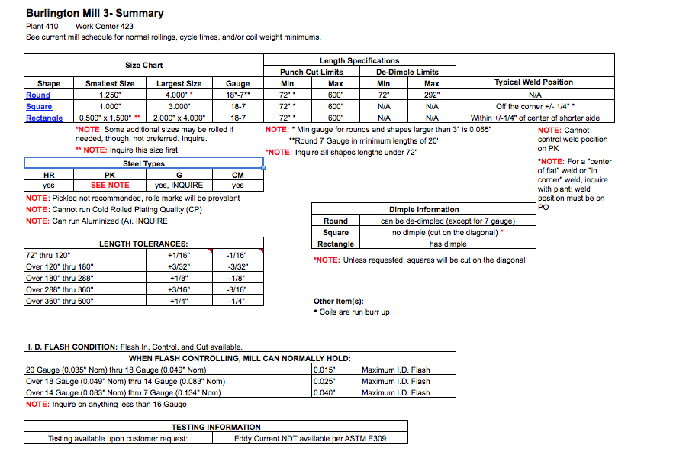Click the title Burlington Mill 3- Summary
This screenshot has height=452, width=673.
point(95,13)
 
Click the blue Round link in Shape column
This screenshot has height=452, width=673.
point(38,95)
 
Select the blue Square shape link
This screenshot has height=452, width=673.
point(39,107)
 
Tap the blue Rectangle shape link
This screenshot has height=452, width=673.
point(44,118)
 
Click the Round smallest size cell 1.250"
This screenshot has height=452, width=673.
point(110,95)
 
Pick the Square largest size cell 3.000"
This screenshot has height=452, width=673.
point(179,107)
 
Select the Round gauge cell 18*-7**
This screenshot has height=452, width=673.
point(238,95)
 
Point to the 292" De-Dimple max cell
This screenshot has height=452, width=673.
point(432,95)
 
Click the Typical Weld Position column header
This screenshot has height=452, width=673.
point(533,82)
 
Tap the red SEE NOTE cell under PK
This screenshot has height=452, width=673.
point(110,186)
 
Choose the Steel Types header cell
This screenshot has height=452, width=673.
point(143,164)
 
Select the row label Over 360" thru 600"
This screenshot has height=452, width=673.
point(60,302)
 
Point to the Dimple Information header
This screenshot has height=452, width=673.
point(424,209)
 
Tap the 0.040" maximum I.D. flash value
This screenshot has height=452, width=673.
point(325,393)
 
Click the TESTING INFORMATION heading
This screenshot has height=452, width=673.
point(216,427)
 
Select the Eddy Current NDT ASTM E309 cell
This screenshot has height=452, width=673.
point(311,439)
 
